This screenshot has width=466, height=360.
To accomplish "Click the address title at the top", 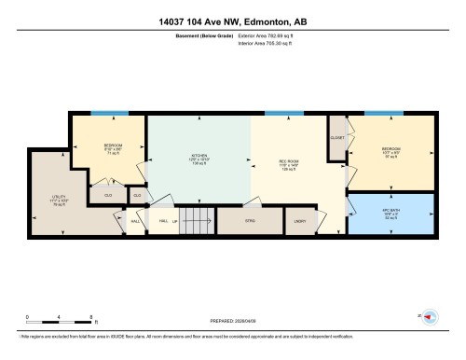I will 233,21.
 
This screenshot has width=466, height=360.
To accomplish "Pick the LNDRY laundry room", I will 300,220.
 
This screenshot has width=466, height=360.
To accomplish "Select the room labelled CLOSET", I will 337,137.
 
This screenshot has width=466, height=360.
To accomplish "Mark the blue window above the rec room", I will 277,114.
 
